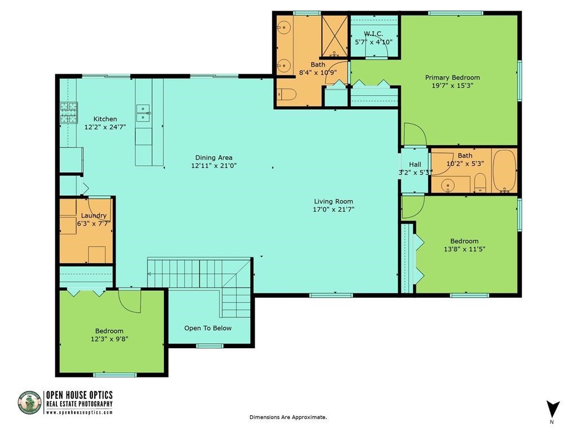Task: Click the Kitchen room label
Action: (105, 119)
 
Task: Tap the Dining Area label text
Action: (214, 157)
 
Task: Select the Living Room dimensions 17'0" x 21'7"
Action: (334, 209)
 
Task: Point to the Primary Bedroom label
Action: (452, 78)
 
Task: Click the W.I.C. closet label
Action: (373, 34)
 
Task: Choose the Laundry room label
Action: (94, 215)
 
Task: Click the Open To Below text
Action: (208, 328)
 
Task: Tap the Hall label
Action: (415, 164)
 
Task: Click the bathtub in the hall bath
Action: (504, 170)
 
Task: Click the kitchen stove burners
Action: (69, 112)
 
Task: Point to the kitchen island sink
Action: (143, 112)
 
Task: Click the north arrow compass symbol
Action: (553, 408)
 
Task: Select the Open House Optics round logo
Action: (30, 403)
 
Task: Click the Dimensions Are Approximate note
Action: (288, 417)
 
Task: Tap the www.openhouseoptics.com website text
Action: (79, 412)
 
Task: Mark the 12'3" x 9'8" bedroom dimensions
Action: (109, 339)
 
